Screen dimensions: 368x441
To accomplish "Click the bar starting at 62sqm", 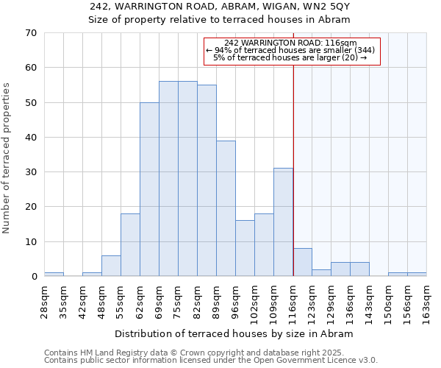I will (x=149, y=189).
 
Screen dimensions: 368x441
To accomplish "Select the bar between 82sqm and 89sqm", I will (x=207, y=180).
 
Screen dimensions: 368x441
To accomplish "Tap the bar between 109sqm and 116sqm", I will (x=283, y=222).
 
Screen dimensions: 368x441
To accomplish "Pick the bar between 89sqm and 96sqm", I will (x=226, y=208).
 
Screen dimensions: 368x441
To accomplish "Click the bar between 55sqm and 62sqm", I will (x=130, y=245).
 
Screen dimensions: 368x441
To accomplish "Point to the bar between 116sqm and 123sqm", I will (x=302, y=262).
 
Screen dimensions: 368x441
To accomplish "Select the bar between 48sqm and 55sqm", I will (x=111, y=266).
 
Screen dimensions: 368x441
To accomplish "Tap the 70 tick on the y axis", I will (x=31, y=33).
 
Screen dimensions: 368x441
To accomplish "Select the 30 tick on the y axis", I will (x=31, y=172).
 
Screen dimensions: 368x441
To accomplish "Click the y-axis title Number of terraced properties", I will (x=7, y=158).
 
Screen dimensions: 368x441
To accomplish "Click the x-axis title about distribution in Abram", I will (x=234, y=333).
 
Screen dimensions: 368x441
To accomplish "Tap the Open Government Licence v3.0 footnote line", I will (x=211, y=360).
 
